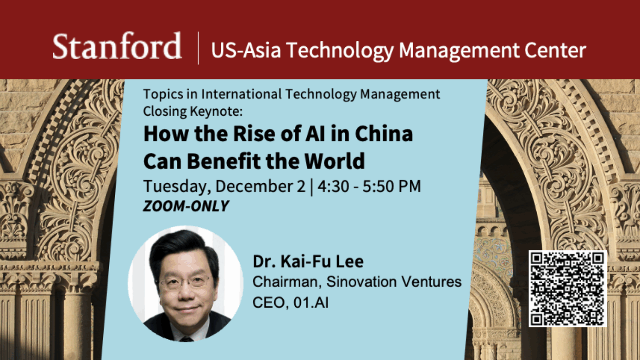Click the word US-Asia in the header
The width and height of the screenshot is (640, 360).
246,50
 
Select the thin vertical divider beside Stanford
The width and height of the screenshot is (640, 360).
198,48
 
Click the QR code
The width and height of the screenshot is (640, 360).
567,288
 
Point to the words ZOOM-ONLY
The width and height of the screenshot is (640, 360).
186,206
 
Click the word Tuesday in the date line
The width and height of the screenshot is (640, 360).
177,186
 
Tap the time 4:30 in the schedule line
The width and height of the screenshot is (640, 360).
333,186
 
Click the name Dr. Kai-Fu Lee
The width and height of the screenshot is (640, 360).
308,262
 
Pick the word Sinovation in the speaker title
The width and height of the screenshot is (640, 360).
362,282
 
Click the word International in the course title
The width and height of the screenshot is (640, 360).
242,94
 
